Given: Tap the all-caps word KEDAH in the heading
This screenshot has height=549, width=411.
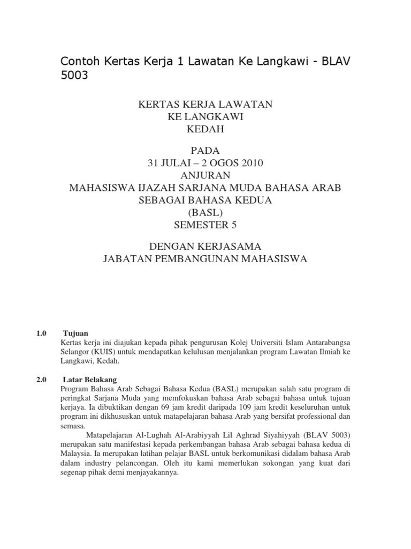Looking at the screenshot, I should pos(205,130).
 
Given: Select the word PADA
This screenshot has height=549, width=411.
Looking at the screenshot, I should pos(205,151).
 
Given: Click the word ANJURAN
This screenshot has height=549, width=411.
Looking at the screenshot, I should pos(205,175).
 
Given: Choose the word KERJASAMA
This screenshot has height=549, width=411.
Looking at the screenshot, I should pos(231,246).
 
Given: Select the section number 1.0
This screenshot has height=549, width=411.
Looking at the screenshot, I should pos(42,332).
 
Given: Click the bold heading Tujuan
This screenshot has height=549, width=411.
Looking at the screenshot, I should pos(75,332).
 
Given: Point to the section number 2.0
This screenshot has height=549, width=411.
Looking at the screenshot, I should pos(42,379).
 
